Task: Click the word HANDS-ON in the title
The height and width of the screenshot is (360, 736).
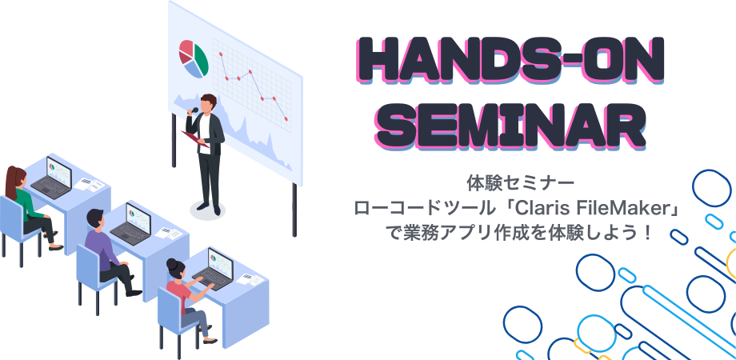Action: pos(510,61)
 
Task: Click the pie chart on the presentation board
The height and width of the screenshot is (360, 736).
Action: pos(193,58)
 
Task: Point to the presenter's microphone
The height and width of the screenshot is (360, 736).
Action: pos(194,110)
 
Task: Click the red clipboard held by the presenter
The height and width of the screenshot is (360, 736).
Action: pos(195,139)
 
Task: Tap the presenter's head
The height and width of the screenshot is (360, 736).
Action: pos(207,104)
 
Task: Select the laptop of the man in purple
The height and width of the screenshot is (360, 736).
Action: pos(131,224)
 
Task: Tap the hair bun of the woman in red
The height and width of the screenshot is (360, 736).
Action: pos(172,263)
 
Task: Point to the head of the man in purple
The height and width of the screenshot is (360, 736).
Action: pos(95,218)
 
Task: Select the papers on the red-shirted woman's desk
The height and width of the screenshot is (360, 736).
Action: pos(250,279)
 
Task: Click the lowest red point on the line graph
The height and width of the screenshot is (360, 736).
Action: pos(286,119)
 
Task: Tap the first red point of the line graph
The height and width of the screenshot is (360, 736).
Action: pos(220,54)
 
